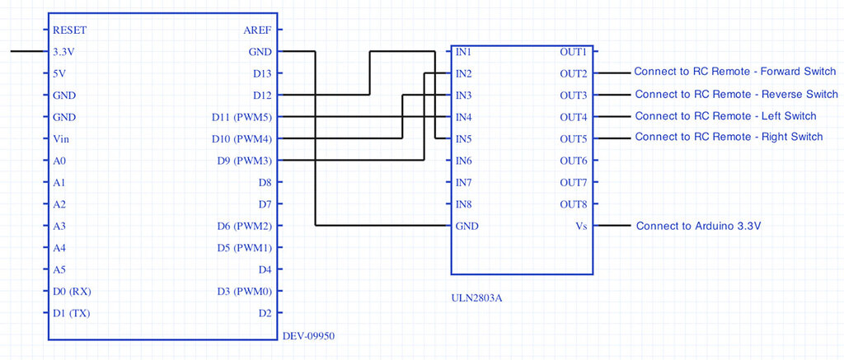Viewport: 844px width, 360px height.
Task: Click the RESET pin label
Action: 69,30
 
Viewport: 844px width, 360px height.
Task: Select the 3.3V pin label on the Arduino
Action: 64,51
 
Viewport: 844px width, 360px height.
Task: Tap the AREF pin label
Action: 257,30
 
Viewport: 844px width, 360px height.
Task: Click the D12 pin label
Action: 262,95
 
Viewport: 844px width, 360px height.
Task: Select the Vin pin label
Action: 61,138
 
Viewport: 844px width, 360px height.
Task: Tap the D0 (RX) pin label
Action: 71,291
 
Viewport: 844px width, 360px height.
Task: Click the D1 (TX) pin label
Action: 71,312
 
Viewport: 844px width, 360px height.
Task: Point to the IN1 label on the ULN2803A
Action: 463,51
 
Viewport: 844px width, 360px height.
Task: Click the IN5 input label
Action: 463,138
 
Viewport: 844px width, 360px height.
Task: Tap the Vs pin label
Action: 579,225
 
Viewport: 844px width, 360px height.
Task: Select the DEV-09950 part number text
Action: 308,336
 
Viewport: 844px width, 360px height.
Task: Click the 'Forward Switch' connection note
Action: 735,72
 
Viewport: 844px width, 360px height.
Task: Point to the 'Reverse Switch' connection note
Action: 736,94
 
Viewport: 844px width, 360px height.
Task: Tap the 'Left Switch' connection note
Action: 725,116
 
